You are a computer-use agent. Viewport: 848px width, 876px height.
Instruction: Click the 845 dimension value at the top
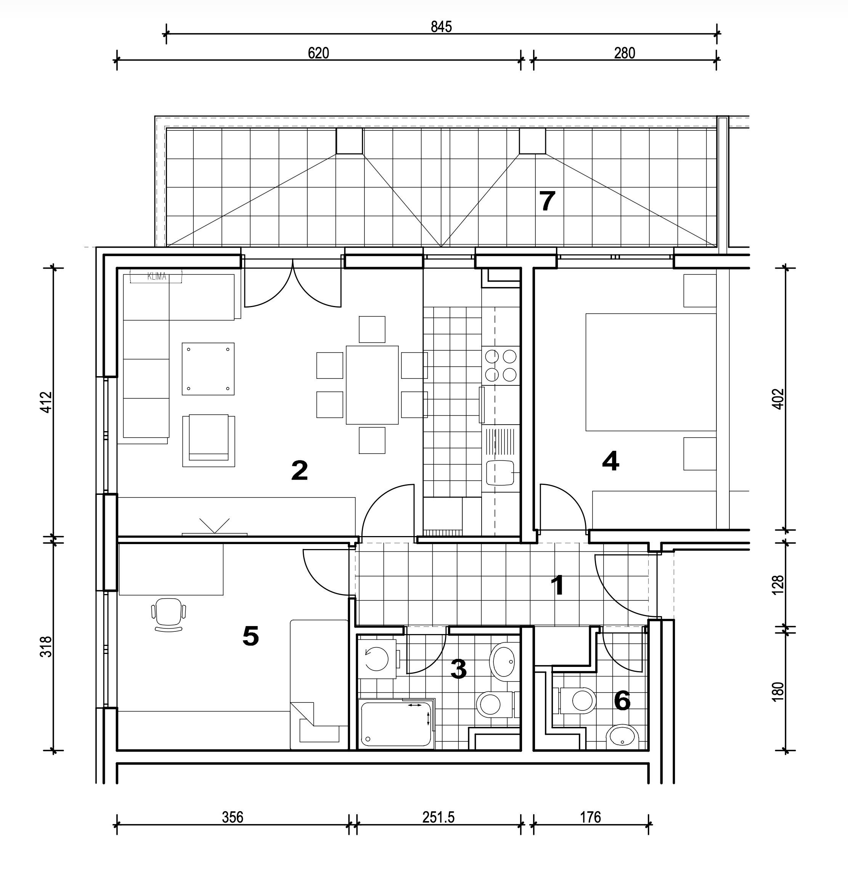[x=441, y=27]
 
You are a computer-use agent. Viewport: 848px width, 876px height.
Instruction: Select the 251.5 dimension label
[x=438, y=817]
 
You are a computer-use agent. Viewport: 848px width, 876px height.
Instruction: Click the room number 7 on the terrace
[x=547, y=201]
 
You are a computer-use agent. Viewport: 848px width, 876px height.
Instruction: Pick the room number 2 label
[x=299, y=471]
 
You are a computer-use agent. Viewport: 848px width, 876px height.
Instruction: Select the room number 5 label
[x=251, y=636]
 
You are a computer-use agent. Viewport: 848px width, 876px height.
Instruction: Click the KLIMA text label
[x=156, y=277]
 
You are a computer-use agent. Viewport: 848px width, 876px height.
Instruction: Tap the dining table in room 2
[x=372, y=385]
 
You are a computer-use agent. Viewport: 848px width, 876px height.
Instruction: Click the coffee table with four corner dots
[x=208, y=369]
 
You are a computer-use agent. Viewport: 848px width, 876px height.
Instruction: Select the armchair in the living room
[x=209, y=440]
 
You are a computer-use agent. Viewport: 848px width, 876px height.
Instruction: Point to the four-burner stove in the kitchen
[x=501, y=366]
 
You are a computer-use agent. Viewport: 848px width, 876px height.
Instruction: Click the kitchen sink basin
[x=500, y=472]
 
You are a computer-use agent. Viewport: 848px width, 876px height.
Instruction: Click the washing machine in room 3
[x=377, y=659]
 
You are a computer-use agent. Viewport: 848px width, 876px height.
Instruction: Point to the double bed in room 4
[x=650, y=372]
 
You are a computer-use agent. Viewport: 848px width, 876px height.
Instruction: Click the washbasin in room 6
[x=623, y=736]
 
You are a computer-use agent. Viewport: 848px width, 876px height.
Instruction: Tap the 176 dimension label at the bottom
[x=590, y=817]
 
